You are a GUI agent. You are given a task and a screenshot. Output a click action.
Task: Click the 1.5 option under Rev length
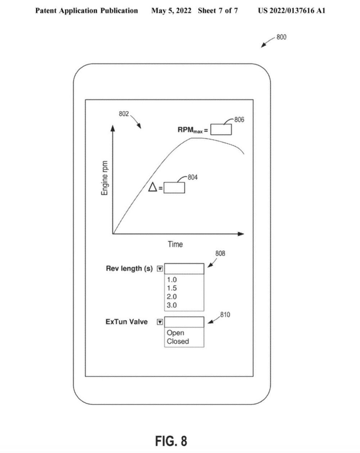(172, 288)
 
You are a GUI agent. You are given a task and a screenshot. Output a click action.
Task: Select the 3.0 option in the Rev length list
(172, 305)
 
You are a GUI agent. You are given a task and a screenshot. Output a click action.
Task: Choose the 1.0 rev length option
(172, 279)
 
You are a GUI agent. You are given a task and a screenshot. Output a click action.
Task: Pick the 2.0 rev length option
(172, 297)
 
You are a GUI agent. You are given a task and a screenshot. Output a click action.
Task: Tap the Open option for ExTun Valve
(175, 333)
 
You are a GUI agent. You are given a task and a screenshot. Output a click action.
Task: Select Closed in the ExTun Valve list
(178, 341)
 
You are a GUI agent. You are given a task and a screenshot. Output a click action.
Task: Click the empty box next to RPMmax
(221, 129)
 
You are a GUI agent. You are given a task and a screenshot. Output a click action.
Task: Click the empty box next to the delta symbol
(174, 188)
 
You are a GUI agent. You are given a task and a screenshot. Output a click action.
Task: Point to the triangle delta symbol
(153, 187)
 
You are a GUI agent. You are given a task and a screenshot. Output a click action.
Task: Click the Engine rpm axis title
(105, 178)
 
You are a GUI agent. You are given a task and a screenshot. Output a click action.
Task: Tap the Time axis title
(175, 244)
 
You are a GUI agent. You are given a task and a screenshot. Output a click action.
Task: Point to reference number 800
(281, 37)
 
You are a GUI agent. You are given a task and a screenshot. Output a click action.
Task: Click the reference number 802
(124, 114)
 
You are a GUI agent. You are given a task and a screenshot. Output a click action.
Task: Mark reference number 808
(220, 253)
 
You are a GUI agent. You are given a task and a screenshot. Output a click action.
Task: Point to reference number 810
(225, 315)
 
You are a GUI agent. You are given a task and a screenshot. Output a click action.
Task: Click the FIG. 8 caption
(171, 440)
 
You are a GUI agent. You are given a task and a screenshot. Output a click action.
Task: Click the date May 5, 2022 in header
(171, 10)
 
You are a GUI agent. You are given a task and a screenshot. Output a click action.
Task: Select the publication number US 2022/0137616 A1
(291, 10)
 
